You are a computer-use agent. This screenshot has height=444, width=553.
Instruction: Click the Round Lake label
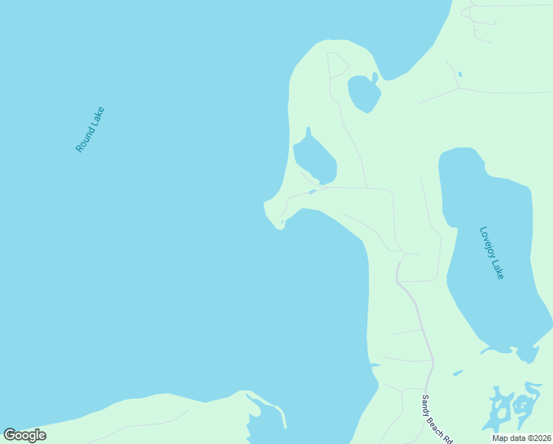pyautogui.click(x=90, y=130)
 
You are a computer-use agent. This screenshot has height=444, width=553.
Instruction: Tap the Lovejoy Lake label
pyautogui.click(x=492, y=252)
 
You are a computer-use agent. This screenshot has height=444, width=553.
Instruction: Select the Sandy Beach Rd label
pyautogui.click(x=436, y=419)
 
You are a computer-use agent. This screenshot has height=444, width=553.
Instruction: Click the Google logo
pyautogui.click(x=24, y=434)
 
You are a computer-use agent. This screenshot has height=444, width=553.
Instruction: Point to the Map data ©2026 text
pyautogui.click(x=522, y=438)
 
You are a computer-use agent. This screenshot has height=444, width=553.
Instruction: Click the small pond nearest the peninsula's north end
pyautogui.click(x=364, y=92)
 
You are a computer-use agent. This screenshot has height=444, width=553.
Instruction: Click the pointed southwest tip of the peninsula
pyautogui.click(x=279, y=226)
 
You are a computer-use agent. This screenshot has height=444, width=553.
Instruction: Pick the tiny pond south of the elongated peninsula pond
pyautogui.click(x=313, y=192)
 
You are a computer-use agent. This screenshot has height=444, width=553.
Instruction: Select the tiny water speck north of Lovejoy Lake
pyautogui.click(x=460, y=74)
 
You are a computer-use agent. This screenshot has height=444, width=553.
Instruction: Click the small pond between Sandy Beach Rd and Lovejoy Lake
pyautogui.click(x=458, y=372)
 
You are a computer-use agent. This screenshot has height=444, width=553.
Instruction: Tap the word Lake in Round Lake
pyautogui.click(x=97, y=119)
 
